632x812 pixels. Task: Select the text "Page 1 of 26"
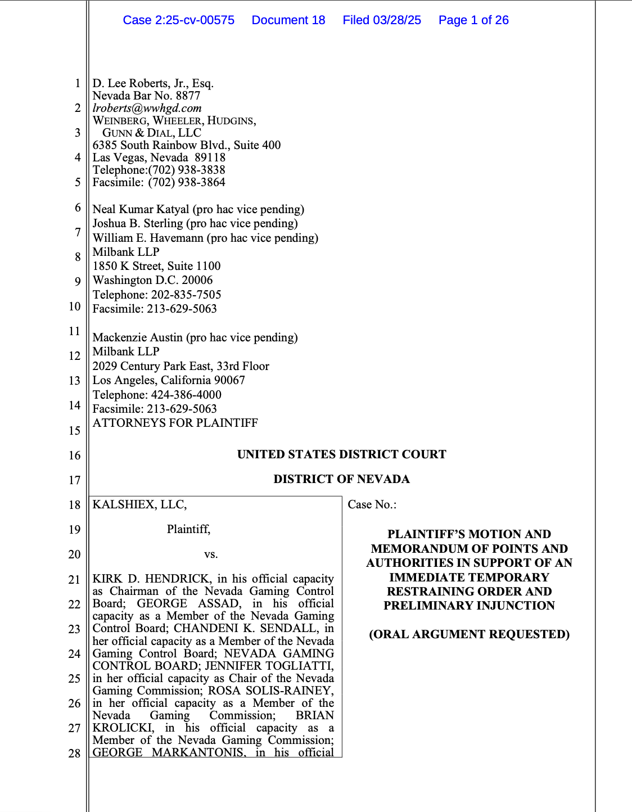pos(473,20)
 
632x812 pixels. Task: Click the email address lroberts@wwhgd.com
pos(147,108)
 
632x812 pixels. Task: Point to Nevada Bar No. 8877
pos(146,96)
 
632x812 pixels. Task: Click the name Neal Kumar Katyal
pos(141,209)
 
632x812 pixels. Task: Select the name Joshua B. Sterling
pos(138,223)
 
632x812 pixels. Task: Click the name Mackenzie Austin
pos(137,337)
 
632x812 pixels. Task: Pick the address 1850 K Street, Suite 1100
pos(156,266)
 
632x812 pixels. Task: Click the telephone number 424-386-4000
pos(186,395)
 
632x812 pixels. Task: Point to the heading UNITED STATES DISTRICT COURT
pos(341,454)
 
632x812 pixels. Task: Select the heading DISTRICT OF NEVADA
pos(341,479)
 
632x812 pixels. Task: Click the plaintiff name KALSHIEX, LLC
pos(139,504)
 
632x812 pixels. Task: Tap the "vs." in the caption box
pos(211,554)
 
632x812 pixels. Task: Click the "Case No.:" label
pos(372,504)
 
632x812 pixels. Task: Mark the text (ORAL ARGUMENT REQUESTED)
pos(469,634)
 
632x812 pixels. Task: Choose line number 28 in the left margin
pos(75,753)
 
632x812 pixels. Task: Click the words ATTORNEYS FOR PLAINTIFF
pos(175,423)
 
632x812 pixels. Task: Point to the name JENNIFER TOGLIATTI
pos(269,666)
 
